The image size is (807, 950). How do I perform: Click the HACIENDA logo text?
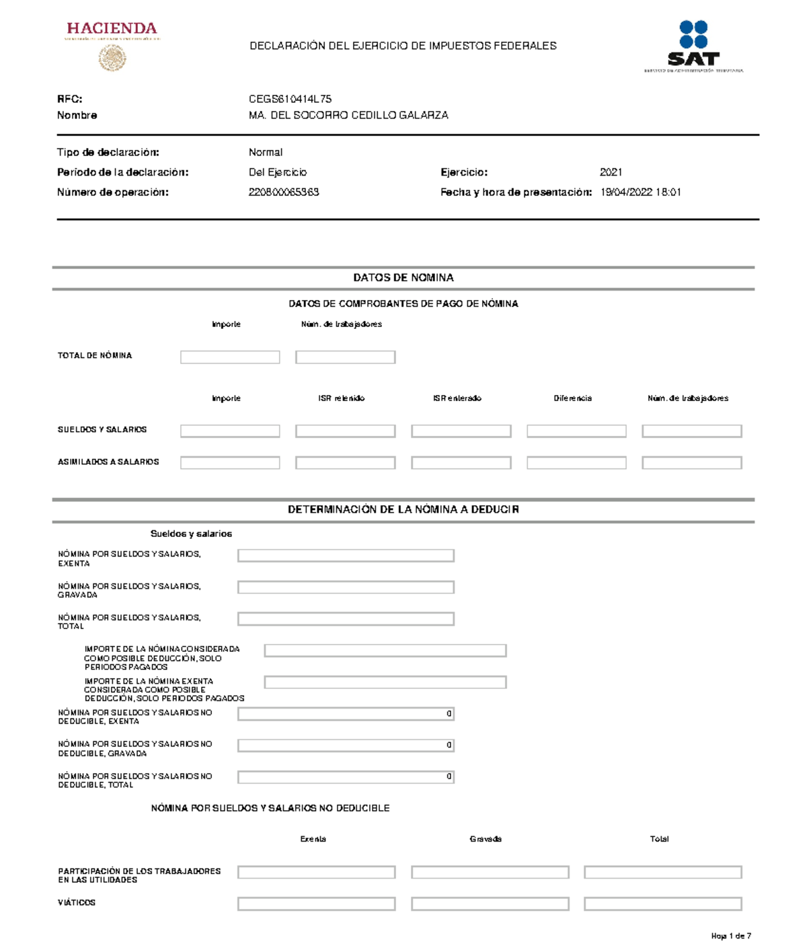112,28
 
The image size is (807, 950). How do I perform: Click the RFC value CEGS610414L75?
290,99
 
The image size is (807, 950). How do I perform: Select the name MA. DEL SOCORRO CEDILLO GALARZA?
348,115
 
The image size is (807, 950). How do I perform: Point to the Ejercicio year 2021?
611,172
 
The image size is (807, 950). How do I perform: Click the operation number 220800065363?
284,192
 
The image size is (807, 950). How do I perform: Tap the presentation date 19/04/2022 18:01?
640,192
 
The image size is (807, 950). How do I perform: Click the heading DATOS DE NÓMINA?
403,278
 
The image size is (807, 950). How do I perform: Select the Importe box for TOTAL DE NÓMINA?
230,357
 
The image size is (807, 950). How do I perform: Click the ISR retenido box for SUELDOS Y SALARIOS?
345,431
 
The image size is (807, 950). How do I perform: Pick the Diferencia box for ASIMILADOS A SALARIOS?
576,463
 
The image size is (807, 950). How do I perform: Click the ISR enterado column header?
457,398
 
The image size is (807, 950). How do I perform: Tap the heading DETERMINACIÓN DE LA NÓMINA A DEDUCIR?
403,510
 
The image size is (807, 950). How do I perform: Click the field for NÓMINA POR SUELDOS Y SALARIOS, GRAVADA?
346,587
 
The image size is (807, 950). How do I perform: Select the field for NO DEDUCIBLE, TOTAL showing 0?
346,777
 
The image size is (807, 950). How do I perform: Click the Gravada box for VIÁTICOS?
490,904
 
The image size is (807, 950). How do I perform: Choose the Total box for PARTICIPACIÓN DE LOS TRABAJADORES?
662,873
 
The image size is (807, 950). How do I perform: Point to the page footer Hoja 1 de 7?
731,936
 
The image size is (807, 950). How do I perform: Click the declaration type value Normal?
266,153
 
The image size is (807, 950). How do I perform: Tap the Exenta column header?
313,839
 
